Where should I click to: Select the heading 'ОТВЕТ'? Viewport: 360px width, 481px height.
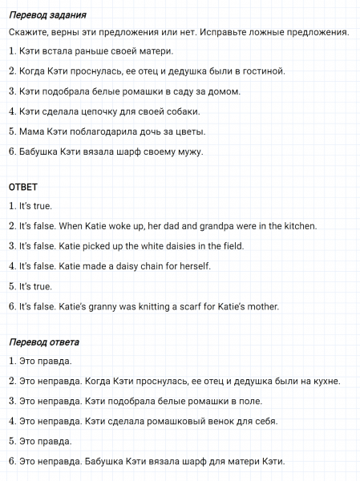coord(23,187)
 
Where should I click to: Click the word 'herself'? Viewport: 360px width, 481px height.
coord(193,265)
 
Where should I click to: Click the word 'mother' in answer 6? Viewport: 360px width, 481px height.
coord(261,305)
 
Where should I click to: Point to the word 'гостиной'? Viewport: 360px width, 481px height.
coord(262,71)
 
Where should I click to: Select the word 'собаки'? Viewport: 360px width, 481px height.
coord(180,111)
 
